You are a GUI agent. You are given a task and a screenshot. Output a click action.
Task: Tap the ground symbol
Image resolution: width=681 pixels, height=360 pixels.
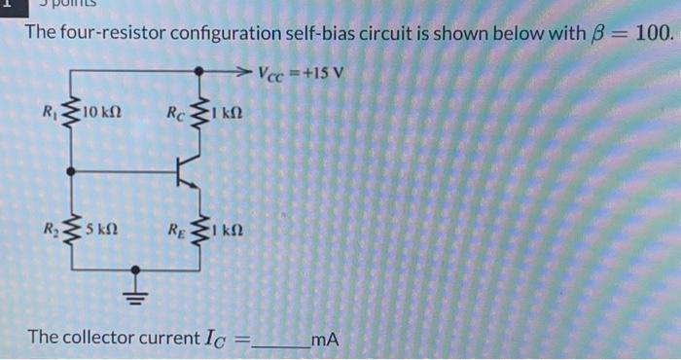point(137,293)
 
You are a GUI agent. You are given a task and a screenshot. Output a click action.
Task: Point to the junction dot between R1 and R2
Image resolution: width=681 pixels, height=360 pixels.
point(69,171)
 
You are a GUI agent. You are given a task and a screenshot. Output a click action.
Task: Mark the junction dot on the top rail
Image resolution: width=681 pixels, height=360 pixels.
point(199,71)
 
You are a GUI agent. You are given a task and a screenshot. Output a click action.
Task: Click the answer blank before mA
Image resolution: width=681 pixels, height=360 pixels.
point(280,341)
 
